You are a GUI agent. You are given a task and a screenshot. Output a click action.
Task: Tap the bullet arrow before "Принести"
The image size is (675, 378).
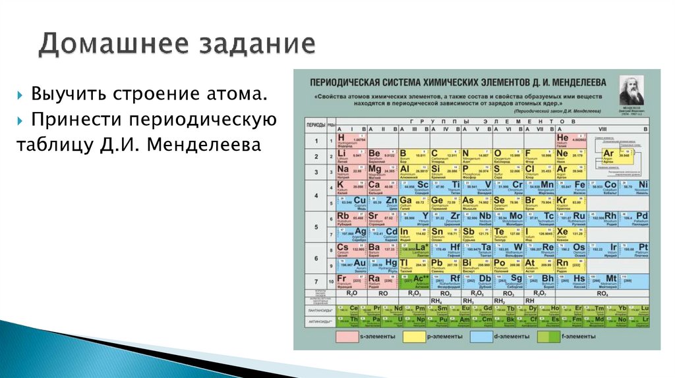(21, 121)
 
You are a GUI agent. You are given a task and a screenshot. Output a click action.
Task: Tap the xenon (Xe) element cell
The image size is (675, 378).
(571, 235)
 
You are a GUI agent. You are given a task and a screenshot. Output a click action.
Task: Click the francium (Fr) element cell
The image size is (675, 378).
(351, 281)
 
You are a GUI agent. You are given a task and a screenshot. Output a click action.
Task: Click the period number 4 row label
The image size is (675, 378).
(315, 196)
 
